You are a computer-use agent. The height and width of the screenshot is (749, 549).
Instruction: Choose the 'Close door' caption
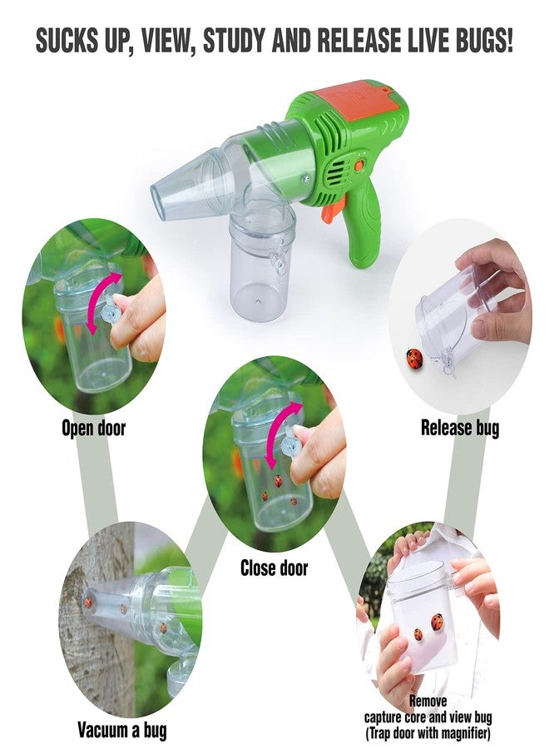point(274,569)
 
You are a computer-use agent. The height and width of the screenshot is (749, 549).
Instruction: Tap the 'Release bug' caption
point(460,429)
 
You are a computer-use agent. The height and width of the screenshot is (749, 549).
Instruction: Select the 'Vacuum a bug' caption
point(122,731)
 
